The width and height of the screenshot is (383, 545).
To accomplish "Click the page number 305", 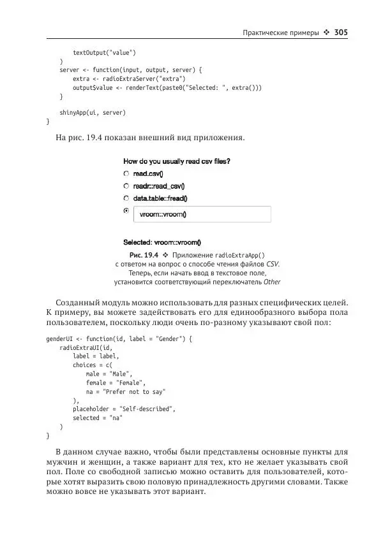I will click(x=341, y=32).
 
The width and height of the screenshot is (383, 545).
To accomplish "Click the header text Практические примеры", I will click(x=280, y=33).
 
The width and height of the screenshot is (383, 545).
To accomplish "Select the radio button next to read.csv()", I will click(x=126, y=173).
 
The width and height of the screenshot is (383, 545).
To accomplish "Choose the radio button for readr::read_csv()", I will click(x=126, y=185).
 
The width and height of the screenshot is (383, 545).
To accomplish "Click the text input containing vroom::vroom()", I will click(x=201, y=214).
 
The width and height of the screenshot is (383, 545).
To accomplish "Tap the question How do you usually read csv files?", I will click(x=177, y=161).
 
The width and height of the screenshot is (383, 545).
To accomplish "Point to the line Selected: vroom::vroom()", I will click(x=162, y=242).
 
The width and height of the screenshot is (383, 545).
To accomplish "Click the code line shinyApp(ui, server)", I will click(x=93, y=112).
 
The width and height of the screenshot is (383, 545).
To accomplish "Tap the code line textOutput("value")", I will click(x=104, y=52).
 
